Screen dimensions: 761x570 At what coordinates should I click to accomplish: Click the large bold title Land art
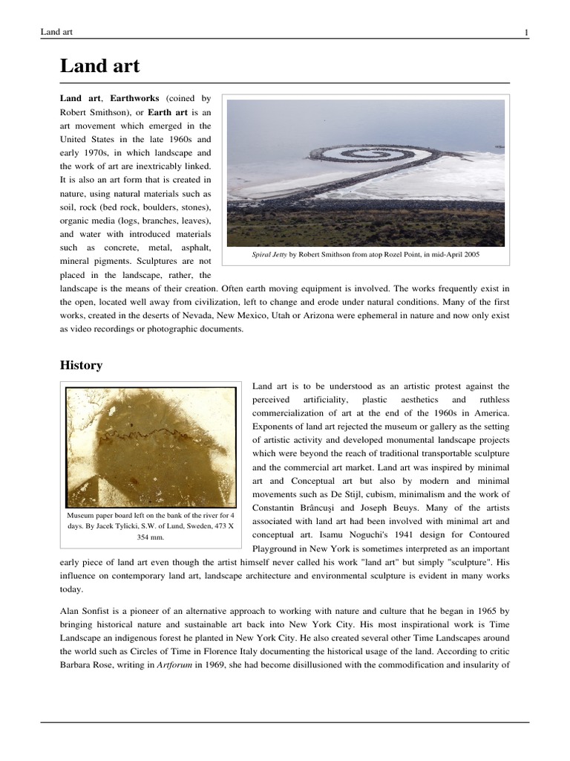point(99,67)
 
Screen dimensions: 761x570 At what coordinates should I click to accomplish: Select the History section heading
point(81,365)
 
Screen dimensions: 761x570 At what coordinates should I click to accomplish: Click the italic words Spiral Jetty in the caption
point(269,254)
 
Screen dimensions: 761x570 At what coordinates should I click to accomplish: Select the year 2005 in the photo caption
point(468,254)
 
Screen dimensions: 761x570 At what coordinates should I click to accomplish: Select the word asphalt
point(194,247)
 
